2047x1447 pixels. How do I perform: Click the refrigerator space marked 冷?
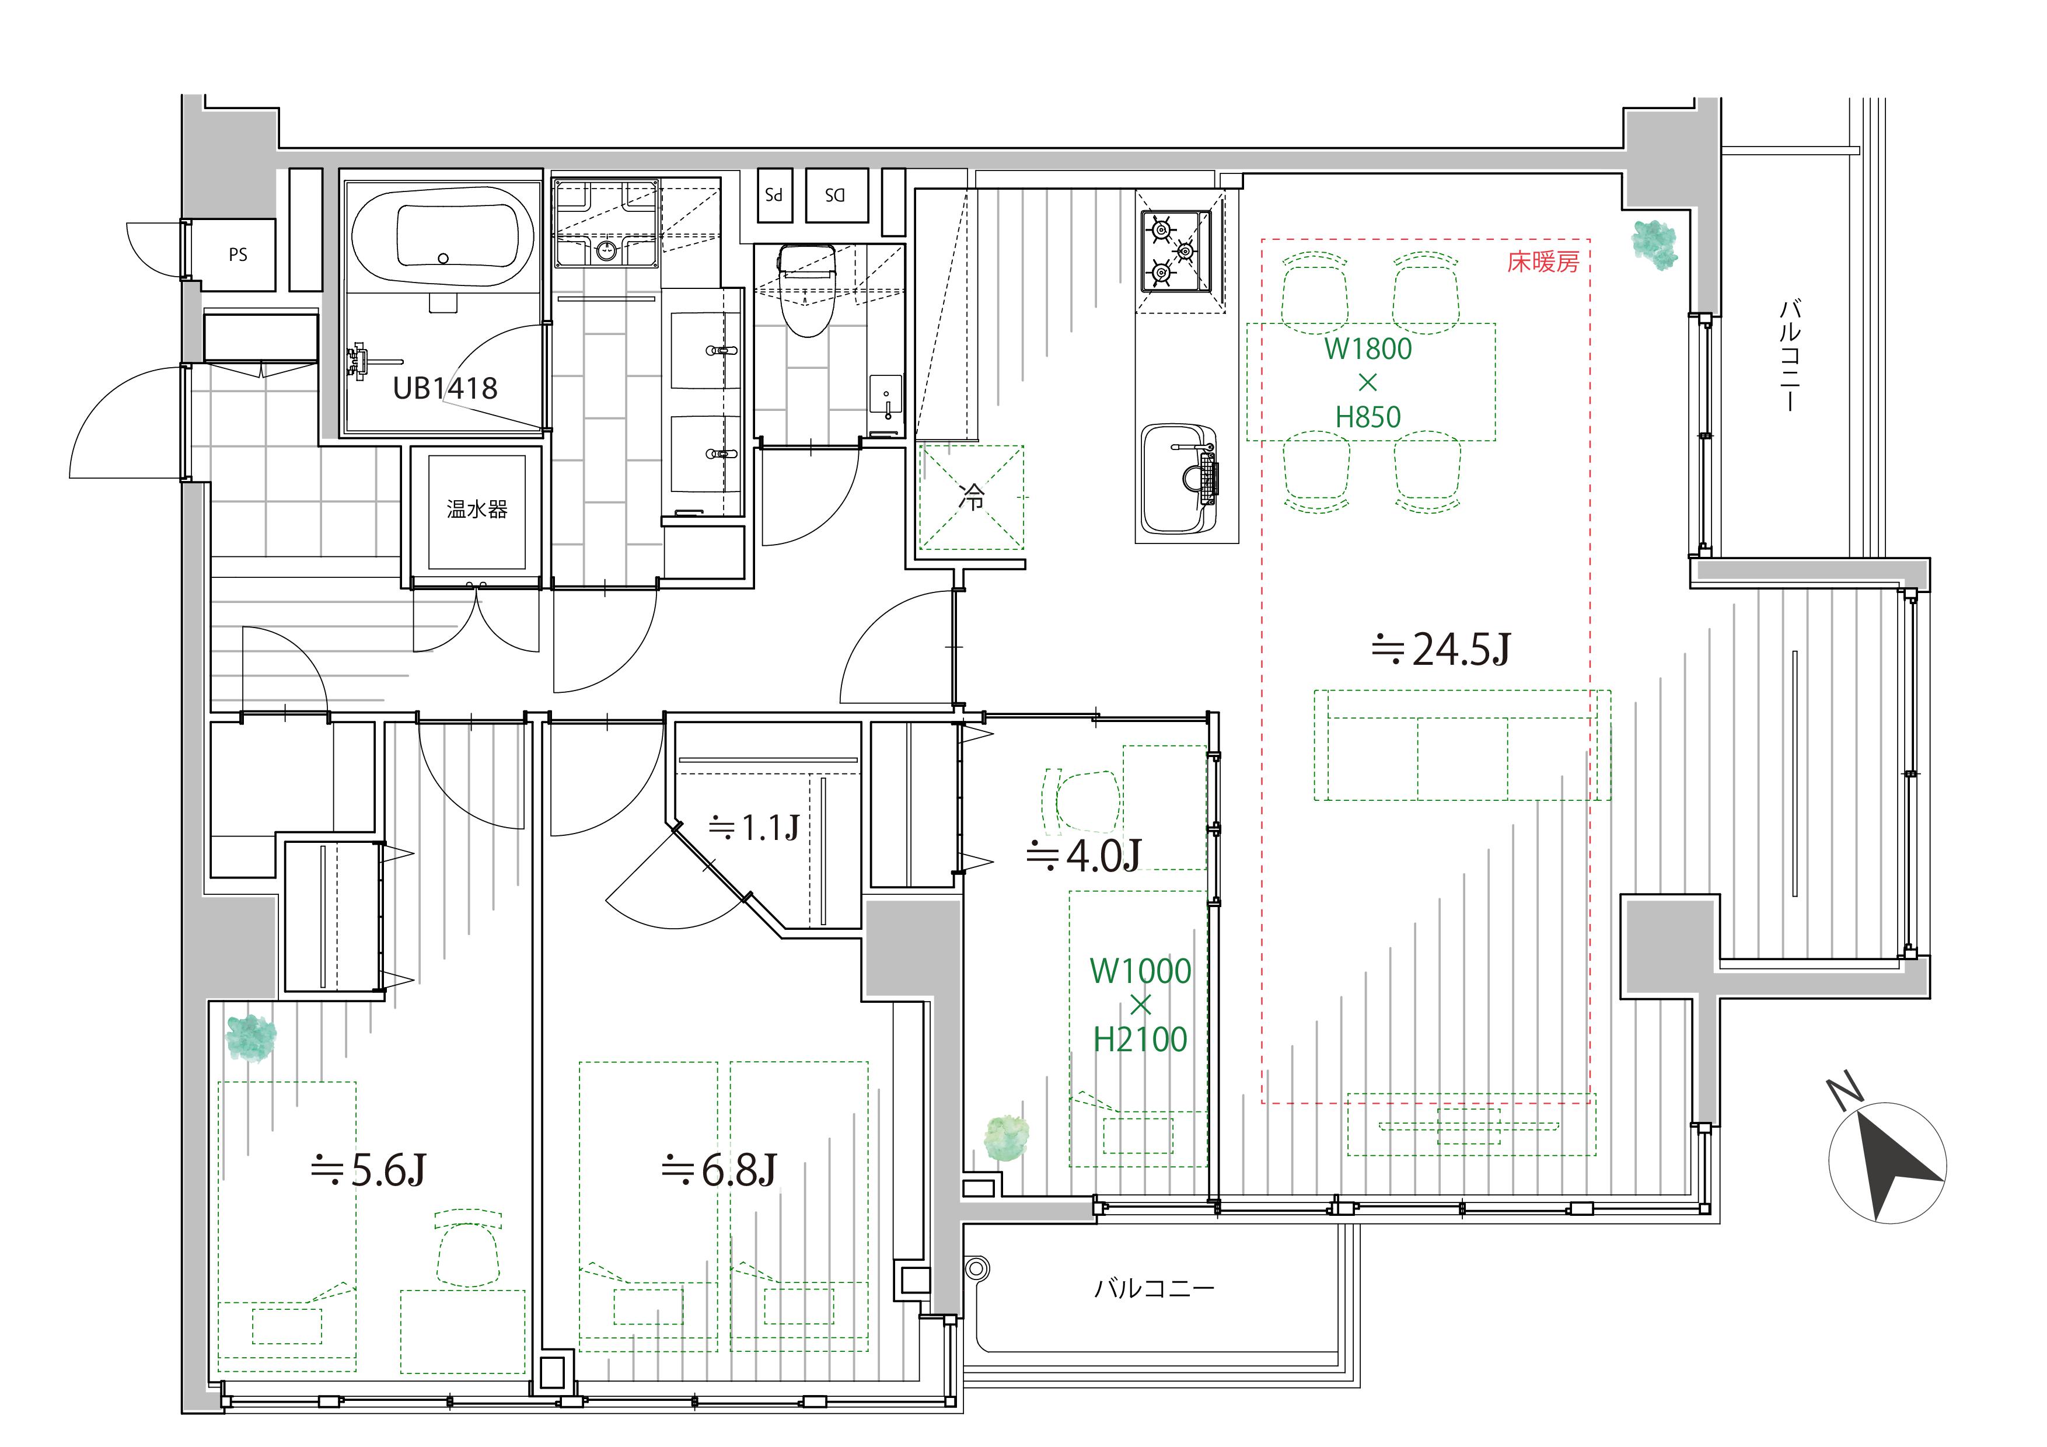[972, 497]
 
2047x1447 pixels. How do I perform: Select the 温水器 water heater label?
[477, 509]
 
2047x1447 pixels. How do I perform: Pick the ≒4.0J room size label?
[1083, 855]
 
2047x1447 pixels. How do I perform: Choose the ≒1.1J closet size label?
[753, 828]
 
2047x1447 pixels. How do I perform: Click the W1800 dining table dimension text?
[1368, 348]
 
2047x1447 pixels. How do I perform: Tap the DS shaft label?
[834, 194]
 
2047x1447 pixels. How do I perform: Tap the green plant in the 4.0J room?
[1007, 1138]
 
